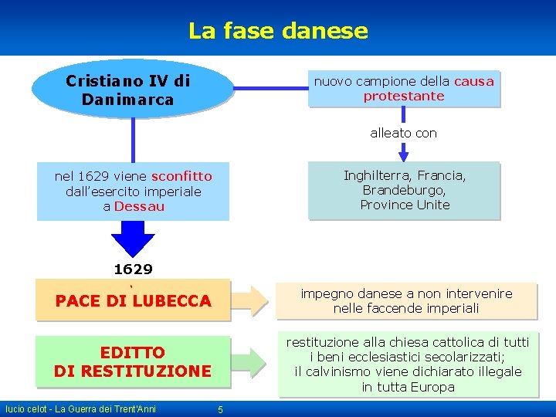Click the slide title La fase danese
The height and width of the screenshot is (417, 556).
click(278, 31)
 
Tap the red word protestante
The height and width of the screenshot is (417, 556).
click(404, 97)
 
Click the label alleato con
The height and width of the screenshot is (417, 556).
click(403, 133)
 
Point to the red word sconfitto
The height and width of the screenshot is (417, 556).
click(181, 176)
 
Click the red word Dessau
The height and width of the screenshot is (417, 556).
click(139, 206)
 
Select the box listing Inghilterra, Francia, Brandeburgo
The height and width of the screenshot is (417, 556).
click(404, 190)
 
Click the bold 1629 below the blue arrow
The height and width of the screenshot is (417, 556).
click(133, 270)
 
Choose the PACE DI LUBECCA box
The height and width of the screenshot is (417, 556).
click(133, 300)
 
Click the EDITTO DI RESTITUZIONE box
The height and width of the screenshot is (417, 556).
click(133, 361)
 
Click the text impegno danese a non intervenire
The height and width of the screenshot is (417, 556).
click(406, 293)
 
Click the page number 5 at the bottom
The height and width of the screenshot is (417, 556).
click(220, 409)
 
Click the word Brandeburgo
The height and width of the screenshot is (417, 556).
click(404, 190)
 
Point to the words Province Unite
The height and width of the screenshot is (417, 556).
click(405, 205)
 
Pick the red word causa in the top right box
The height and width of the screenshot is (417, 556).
click(473, 81)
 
